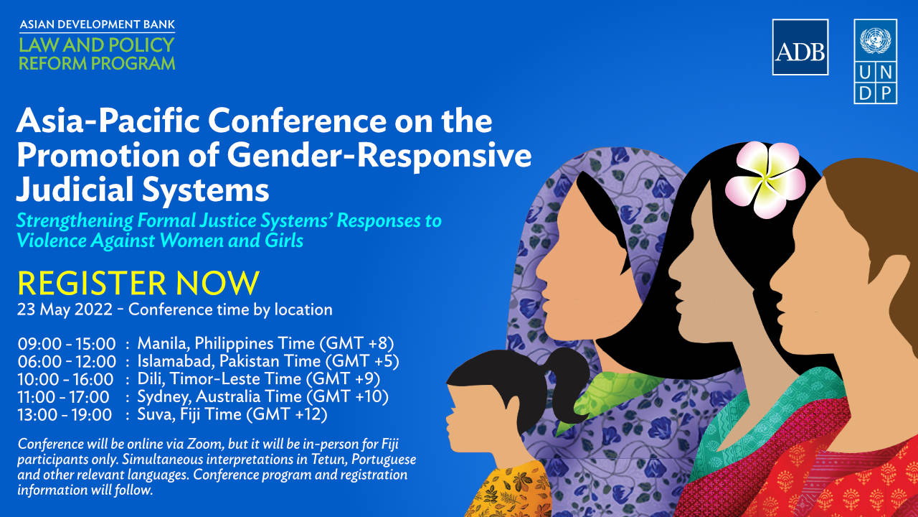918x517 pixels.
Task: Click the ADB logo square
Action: pos(800,47)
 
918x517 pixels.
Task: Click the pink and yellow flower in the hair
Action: pos(765,179)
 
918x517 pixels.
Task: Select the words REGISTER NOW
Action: pos(138,283)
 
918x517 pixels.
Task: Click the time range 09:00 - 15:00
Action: pos(67,344)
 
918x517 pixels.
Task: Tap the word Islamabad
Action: pos(176,361)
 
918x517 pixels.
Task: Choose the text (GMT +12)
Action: pos(286,414)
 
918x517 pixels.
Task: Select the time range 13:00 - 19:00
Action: pos(65,415)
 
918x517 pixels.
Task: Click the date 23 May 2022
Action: pos(65,309)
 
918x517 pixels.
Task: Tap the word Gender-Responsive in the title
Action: pos(379,156)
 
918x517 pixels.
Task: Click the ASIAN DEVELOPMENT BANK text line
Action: pos(98,24)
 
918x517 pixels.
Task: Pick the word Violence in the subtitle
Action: pos(51,241)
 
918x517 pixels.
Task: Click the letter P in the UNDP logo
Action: pos(886,94)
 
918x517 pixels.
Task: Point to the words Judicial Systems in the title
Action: pos(143,190)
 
